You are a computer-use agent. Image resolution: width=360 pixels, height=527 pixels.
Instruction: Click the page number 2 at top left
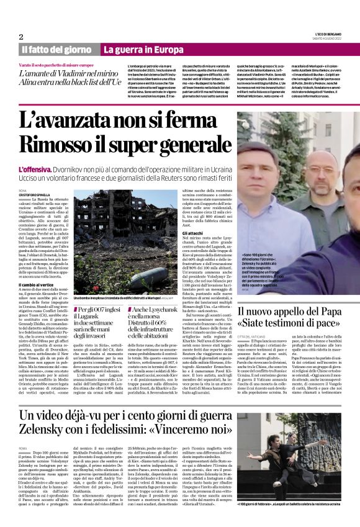[20, 37]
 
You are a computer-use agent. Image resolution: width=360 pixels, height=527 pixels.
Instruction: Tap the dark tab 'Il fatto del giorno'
[56, 50]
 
